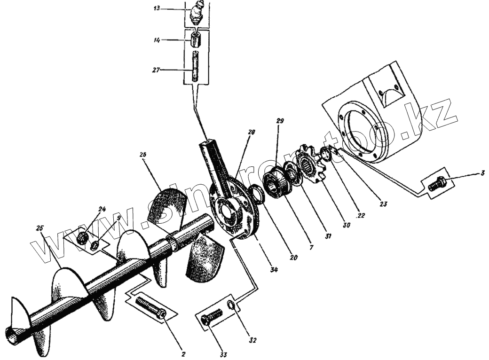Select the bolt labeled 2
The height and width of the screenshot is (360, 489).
coord(150,306)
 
